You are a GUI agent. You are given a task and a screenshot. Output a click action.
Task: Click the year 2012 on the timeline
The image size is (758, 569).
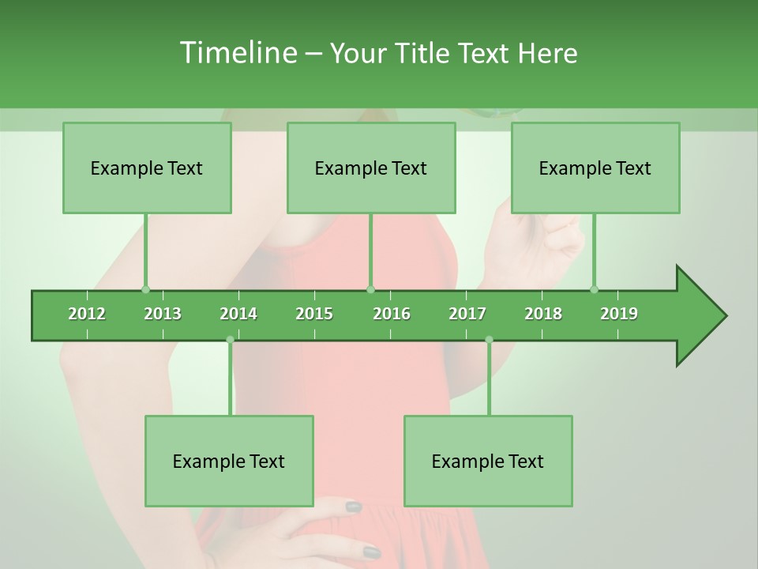[x=87, y=314]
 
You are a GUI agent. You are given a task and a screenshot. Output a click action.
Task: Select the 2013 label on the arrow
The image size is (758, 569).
[x=163, y=314]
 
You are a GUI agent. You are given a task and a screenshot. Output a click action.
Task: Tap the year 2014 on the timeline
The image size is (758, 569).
[x=238, y=314]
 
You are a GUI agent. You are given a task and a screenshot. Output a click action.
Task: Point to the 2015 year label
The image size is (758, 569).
[x=314, y=314]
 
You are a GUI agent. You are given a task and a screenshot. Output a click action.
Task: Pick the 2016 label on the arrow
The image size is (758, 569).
[x=392, y=314]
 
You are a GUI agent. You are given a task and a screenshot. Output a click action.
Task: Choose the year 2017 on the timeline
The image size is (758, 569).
[x=467, y=314]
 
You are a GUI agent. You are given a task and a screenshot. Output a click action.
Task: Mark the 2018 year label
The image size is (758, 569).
[x=543, y=314]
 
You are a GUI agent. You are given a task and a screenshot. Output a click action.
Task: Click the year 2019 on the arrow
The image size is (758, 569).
[x=619, y=314]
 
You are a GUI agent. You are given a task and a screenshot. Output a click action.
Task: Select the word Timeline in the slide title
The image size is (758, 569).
[x=237, y=53]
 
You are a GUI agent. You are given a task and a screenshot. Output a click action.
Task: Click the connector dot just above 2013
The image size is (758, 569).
[x=145, y=289]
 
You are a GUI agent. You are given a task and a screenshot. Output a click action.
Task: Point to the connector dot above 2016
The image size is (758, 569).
[x=370, y=289]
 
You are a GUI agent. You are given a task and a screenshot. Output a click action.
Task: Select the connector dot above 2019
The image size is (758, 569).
[x=594, y=289]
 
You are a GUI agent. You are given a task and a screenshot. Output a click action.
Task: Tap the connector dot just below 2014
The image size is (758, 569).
[x=230, y=340]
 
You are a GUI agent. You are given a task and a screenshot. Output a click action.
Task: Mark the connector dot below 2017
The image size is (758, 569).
[x=489, y=340]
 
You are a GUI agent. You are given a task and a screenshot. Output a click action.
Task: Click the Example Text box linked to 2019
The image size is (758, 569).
[x=595, y=168]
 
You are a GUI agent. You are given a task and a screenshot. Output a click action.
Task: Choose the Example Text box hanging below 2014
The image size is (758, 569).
[x=229, y=461]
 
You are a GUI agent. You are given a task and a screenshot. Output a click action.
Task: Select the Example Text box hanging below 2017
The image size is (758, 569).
[x=488, y=461]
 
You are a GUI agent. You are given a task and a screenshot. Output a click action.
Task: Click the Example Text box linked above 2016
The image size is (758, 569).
[x=371, y=168]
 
